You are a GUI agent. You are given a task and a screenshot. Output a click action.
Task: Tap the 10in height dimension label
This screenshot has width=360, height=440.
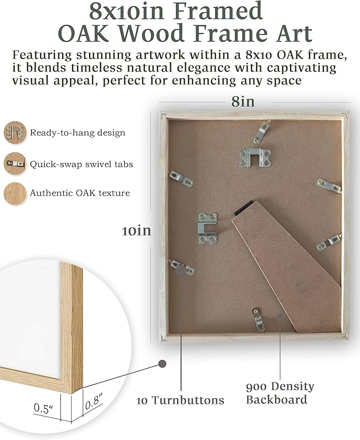click(136, 230)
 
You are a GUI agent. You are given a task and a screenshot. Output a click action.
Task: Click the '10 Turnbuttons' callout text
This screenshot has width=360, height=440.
click(180, 400)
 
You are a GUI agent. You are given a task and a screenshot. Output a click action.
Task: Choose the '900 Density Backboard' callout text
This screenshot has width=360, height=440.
click(279, 393)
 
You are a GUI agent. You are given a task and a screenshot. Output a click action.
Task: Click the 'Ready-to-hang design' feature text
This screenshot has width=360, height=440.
click(77, 132)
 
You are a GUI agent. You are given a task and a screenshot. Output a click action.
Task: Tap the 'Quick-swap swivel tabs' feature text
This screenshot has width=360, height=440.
click(81, 164)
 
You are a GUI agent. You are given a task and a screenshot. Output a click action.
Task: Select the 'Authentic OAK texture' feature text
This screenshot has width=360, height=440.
click(80, 193)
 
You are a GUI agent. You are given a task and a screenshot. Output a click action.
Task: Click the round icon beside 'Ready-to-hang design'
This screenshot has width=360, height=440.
click(14, 132)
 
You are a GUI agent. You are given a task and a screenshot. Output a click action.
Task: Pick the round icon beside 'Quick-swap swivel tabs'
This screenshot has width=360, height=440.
click(14, 163)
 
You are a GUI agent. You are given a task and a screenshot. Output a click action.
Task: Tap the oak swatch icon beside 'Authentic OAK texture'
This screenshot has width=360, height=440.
click(14, 193)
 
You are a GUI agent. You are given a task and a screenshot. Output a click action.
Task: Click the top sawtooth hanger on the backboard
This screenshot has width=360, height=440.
click(251, 158)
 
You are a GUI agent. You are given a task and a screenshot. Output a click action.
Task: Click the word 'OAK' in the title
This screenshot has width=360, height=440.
click(89, 33)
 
